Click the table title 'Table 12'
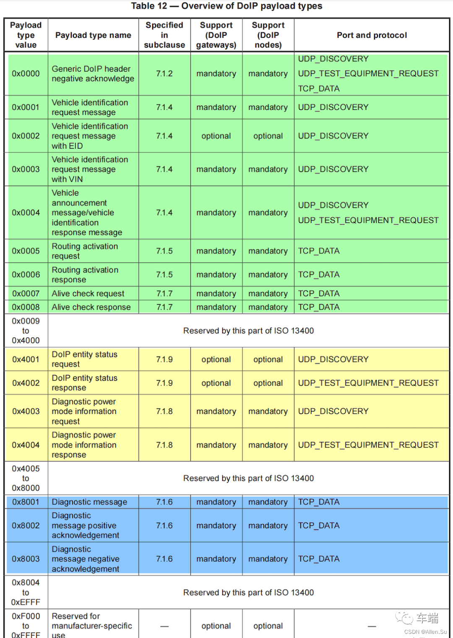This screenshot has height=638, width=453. point(149,6)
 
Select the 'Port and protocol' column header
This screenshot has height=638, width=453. point(372,35)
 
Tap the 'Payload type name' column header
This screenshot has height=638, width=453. point(93,35)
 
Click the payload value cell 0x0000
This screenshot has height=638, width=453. point(26,74)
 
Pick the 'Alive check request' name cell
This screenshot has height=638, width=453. point(88,294)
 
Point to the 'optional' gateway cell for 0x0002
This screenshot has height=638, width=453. point(216,136)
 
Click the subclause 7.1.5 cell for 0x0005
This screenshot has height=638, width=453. point(164,251)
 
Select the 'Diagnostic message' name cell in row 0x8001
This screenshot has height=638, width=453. point(89,502)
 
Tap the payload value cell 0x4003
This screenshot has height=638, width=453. point(26,411)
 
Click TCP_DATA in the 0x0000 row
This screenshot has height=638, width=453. point(319,88)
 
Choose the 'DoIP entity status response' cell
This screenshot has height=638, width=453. point(85,383)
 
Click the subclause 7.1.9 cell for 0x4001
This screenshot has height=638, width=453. point(164,359)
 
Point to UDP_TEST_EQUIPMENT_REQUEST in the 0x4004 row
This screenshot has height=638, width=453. point(368,445)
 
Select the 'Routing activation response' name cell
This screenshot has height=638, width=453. point(85,275)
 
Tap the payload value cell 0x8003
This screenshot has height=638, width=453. point(26,559)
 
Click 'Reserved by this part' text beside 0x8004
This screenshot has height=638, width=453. point(248,592)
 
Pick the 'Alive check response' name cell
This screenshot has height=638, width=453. point(91,307)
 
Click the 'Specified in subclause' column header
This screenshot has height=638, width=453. point(164,35)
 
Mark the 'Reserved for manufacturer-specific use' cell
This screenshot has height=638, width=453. point(92,626)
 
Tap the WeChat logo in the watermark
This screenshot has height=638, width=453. point(404,617)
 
